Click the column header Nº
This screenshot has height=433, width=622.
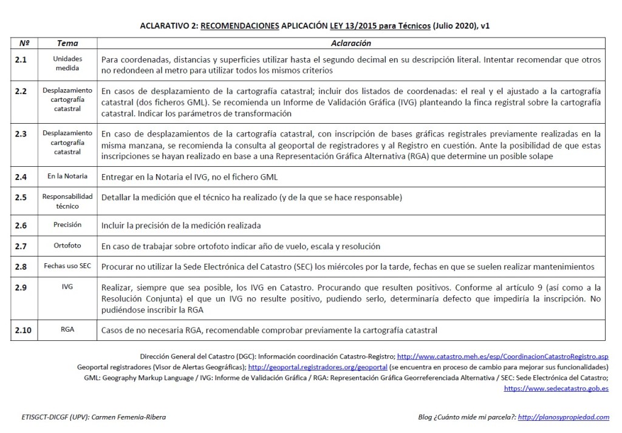click(24, 44)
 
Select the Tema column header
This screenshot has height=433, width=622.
click(67, 44)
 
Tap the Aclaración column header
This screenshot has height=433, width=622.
click(351, 44)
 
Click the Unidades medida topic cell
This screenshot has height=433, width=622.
click(67, 64)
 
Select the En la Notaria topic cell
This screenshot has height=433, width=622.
click(67, 176)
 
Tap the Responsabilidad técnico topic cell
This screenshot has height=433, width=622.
click(67, 201)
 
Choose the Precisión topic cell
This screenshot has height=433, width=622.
click(67, 225)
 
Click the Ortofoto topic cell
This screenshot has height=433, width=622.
click(67, 246)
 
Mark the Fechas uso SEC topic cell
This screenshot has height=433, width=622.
click(67, 266)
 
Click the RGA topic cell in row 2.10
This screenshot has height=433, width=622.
click(67, 331)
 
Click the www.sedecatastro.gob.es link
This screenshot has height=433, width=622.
click(556, 388)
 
